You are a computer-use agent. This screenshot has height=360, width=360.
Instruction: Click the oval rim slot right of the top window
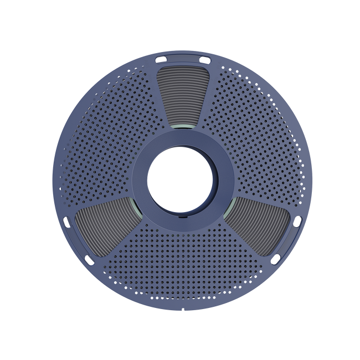202,58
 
